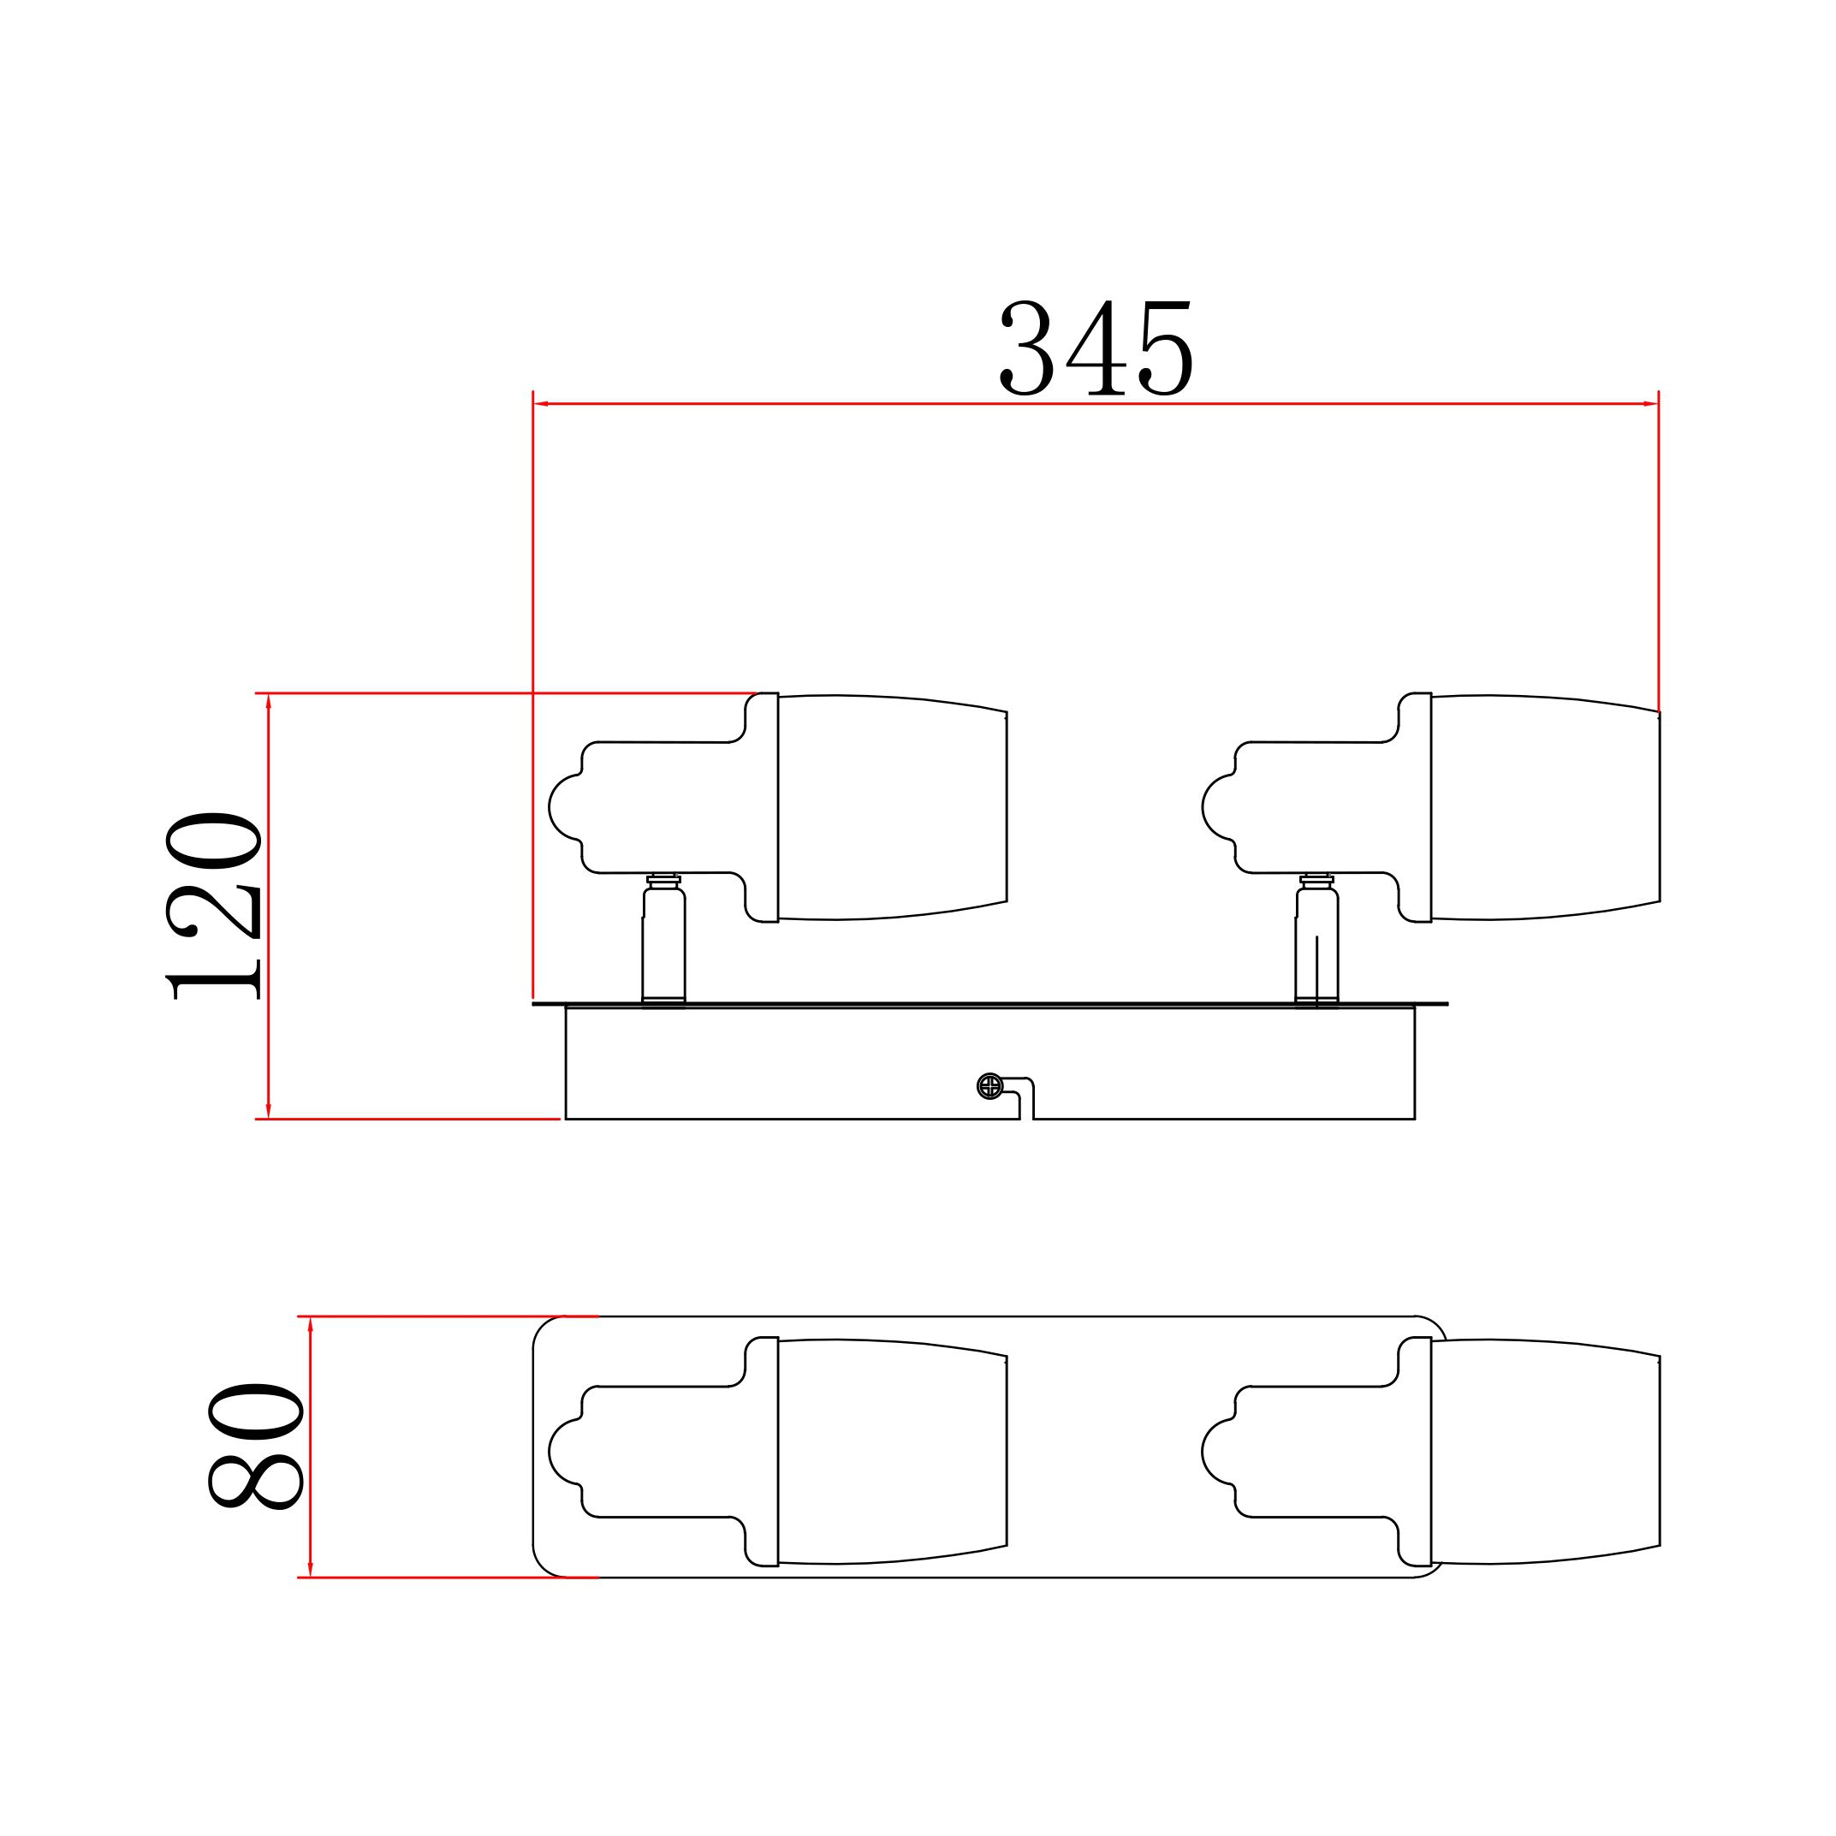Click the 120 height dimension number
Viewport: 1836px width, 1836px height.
[x=214, y=906]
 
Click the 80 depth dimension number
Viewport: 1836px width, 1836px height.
[x=256, y=1447]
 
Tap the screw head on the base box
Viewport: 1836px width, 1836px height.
[x=989, y=1086]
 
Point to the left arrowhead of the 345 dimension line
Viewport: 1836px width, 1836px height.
[x=542, y=404]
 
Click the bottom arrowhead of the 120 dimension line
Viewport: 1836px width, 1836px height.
[x=269, y=1109]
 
